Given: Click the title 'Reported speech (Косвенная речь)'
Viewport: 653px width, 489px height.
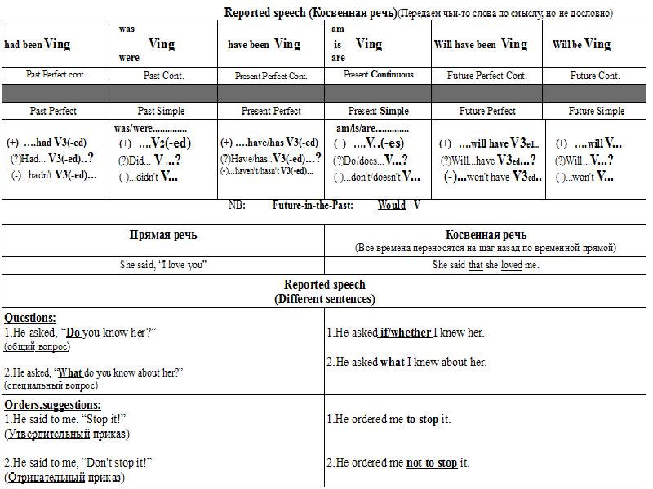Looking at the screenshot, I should (311, 13).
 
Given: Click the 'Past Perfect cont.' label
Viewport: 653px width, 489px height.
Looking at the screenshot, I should (56, 75).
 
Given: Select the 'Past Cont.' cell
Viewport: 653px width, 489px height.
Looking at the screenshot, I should (163, 76).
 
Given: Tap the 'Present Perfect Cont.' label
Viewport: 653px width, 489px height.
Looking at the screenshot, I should (271, 76).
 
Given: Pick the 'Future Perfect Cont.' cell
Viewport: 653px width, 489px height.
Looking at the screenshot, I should (487, 76).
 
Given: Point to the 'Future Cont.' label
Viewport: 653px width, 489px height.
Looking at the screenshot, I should (595, 76).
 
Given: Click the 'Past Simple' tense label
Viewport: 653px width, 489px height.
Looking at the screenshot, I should (161, 111).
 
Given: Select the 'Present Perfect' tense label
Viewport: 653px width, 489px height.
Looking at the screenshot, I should (271, 111).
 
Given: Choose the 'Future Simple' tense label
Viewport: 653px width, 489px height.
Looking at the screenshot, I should (596, 111).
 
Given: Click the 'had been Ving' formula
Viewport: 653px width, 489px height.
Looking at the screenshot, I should (38, 44).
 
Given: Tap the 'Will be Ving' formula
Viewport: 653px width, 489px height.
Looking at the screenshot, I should (581, 44).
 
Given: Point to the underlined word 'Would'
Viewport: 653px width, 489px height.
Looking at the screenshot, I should (392, 205).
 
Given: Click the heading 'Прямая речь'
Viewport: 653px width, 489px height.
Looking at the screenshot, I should (163, 236).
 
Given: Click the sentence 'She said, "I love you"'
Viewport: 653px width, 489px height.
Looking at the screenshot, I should (163, 265).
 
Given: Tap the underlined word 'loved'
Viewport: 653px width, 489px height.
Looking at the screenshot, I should (511, 265).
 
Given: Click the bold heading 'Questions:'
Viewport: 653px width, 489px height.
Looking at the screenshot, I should (30, 318).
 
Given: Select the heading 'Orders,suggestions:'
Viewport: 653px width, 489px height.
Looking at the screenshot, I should (53, 405).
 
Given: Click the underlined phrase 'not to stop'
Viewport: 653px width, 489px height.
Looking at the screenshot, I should (432, 463).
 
